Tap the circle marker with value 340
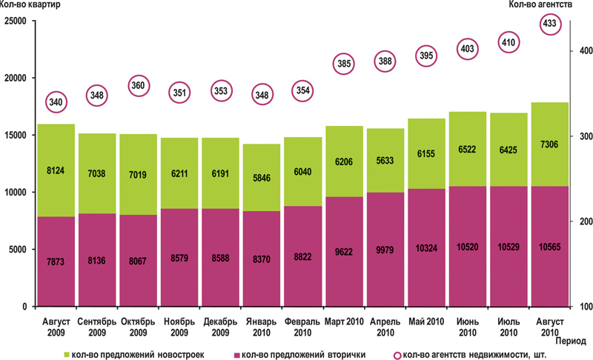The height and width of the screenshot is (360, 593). click(x=56, y=101)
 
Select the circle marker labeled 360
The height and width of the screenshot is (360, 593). click(x=138, y=85)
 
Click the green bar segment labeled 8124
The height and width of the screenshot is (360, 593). click(x=56, y=170)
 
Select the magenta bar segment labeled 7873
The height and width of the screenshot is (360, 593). click(x=56, y=261)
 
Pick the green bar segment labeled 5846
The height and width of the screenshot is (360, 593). click(x=261, y=178)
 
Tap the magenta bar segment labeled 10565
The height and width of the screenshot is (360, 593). click(x=549, y=246)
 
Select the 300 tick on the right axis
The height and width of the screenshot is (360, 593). click(x=581, y=136)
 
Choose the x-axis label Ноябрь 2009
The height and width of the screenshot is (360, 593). click(x=179, y=327)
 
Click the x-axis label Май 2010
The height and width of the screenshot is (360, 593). click(x=425, y=321)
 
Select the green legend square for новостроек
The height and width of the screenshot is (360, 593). click(x=70, y=353)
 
